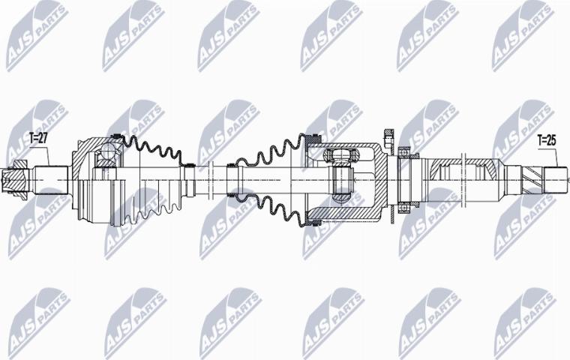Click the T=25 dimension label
[547, 140]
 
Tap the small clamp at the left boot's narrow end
[192, 166]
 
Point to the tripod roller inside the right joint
[342, 177]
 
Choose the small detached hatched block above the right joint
[388, 139]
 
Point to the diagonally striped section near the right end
[530, 181]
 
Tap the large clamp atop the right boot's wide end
[309, 140]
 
